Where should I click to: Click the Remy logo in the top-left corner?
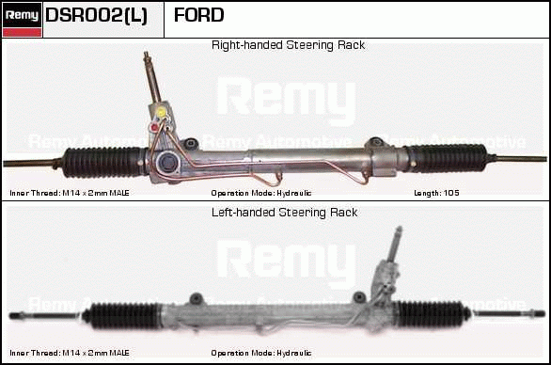tap(23, 20)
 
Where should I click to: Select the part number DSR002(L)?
tap(96, 15)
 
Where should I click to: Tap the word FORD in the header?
tap(199, 15)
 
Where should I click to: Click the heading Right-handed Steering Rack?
tap(288, 45)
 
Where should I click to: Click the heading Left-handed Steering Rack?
tap(284, 213)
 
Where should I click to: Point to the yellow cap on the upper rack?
tap(162, 112)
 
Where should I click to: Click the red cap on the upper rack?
tap(154, 127)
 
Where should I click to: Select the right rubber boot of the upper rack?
tap(446, 158)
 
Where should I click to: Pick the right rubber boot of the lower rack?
tap(432, 313)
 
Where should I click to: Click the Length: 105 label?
tap(436, 193)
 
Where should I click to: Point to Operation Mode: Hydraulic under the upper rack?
tap(261, 193)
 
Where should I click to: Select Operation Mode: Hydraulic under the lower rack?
tap(261, 353)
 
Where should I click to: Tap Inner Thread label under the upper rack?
tap(70, 193)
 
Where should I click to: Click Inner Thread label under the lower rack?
tap(70, 353)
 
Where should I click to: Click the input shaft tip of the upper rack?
tap(146, 54)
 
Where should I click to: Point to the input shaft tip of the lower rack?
tap(399, 229)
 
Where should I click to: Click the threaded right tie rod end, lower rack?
tap(537, 313)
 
